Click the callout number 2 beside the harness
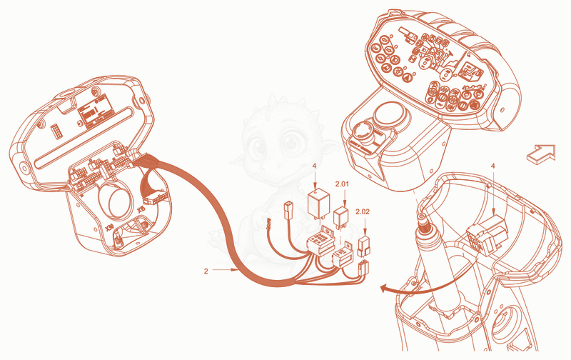(x=206, y=271)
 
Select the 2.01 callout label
(x=342, y=184)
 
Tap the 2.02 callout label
(x=363, y=211)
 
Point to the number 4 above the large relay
(x=314, y=166)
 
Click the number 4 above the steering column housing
(x=493, y=166)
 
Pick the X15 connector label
(x=141, y=209)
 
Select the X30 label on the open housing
(x=109, y=228)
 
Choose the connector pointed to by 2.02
(x=364, y=246)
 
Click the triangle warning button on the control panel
(x=408, y=77)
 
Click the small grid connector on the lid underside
(x=56, y=131)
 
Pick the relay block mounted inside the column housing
(x=487, y=234)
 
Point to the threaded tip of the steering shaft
(x=423, y=222)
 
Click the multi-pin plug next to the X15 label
(x=156, y=199)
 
